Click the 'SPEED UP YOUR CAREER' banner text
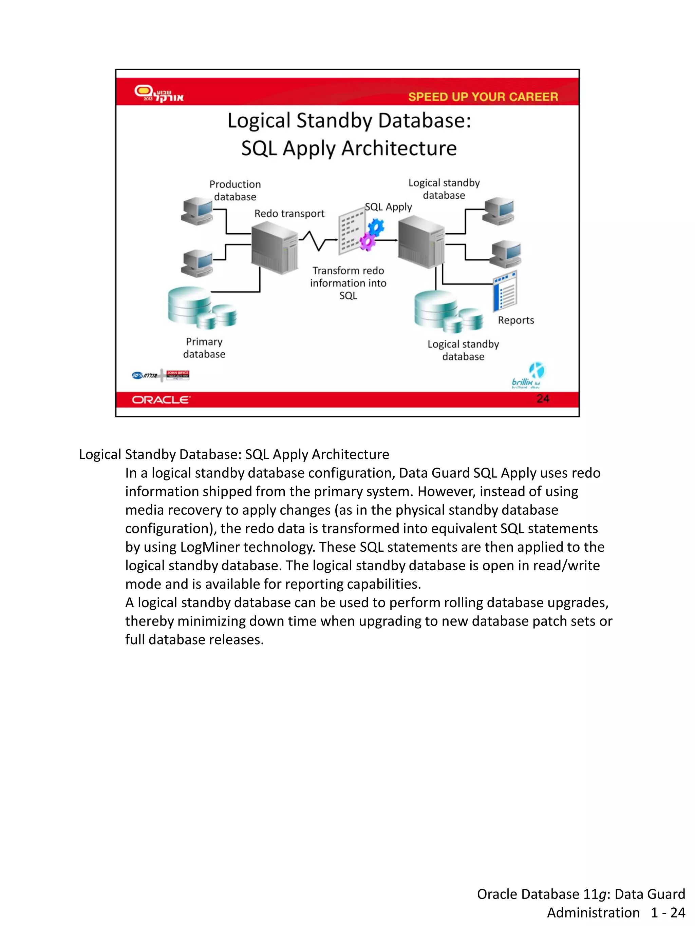[483, 97]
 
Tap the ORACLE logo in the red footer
[161, 400]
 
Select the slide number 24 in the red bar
[543, 398]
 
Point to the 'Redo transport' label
[289, 214]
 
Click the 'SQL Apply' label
[388, 207]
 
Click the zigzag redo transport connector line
[317, 241]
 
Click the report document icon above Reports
[505, 291]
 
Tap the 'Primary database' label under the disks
[204, 348]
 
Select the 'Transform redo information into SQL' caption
[348, 283]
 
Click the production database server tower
[275, 248]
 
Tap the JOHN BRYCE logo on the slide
[177, 375]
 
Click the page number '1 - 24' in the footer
[668, 912]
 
